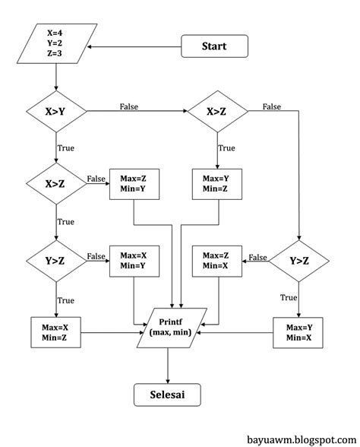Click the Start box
coord(214,46)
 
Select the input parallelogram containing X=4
coord(58,46)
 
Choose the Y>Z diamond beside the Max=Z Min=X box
coord(301,262)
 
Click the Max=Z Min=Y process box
coord(134,183)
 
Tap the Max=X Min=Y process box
coord(134,262)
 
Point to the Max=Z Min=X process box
coord(217,262)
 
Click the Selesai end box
coord(169,395)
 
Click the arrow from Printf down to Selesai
coord(169,366)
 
